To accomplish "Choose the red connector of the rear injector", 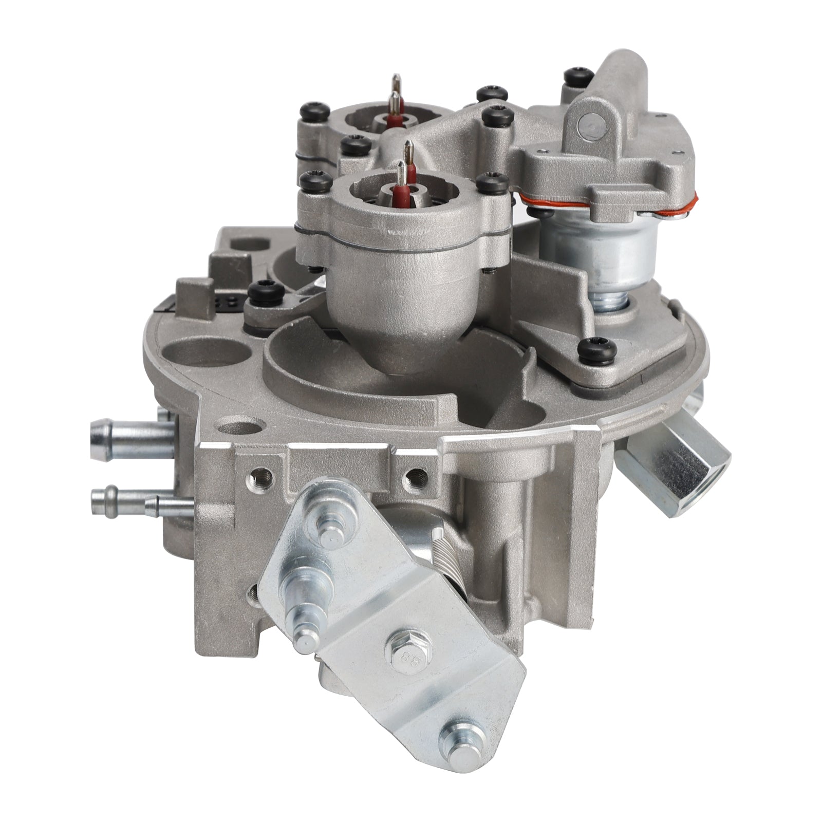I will pyautogui.click(x=395, y=121).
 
